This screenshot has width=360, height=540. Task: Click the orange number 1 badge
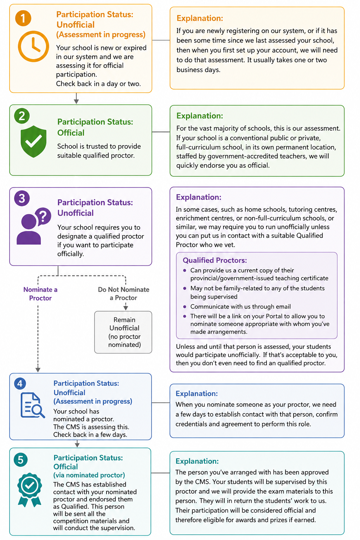(x=23, y=18)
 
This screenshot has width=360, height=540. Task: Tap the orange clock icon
(x=33, y=46)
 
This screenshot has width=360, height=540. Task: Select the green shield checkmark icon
(x=33, y=142)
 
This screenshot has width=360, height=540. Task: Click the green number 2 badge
(x=22, y=116)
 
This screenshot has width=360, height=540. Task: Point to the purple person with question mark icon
(x=34, y=226)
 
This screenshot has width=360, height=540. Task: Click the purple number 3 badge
(x=22, y=198)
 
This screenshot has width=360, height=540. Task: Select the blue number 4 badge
(x=20, y=384)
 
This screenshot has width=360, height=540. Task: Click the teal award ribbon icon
(x=30, y=490)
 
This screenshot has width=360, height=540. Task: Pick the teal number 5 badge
(x=21, y=460)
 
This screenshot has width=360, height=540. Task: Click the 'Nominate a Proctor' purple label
(x=40, y=294)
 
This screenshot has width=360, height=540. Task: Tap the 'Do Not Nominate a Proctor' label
(x=123, y=294)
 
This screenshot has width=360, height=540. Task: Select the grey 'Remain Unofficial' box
(x=123, y=332)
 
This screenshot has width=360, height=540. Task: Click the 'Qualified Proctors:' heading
(x=215, y=260)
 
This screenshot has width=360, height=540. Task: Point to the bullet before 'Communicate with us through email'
(x=185, y=307)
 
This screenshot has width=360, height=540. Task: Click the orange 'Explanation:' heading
(x=200, y=18)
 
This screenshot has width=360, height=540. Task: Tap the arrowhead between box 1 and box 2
(x=76, y=102)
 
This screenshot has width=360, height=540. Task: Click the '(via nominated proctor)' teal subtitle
(x=89, y=475)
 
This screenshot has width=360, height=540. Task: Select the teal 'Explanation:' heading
(x=197, y=461)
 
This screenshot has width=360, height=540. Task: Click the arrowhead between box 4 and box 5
(x=77, y=445)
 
